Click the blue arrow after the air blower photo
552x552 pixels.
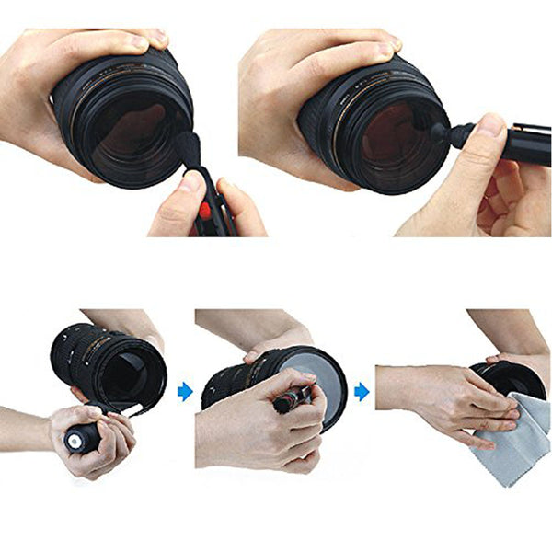pos(185,392)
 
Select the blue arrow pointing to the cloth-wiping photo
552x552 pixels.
pos(362,392)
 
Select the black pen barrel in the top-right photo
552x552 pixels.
pos(524,144)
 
